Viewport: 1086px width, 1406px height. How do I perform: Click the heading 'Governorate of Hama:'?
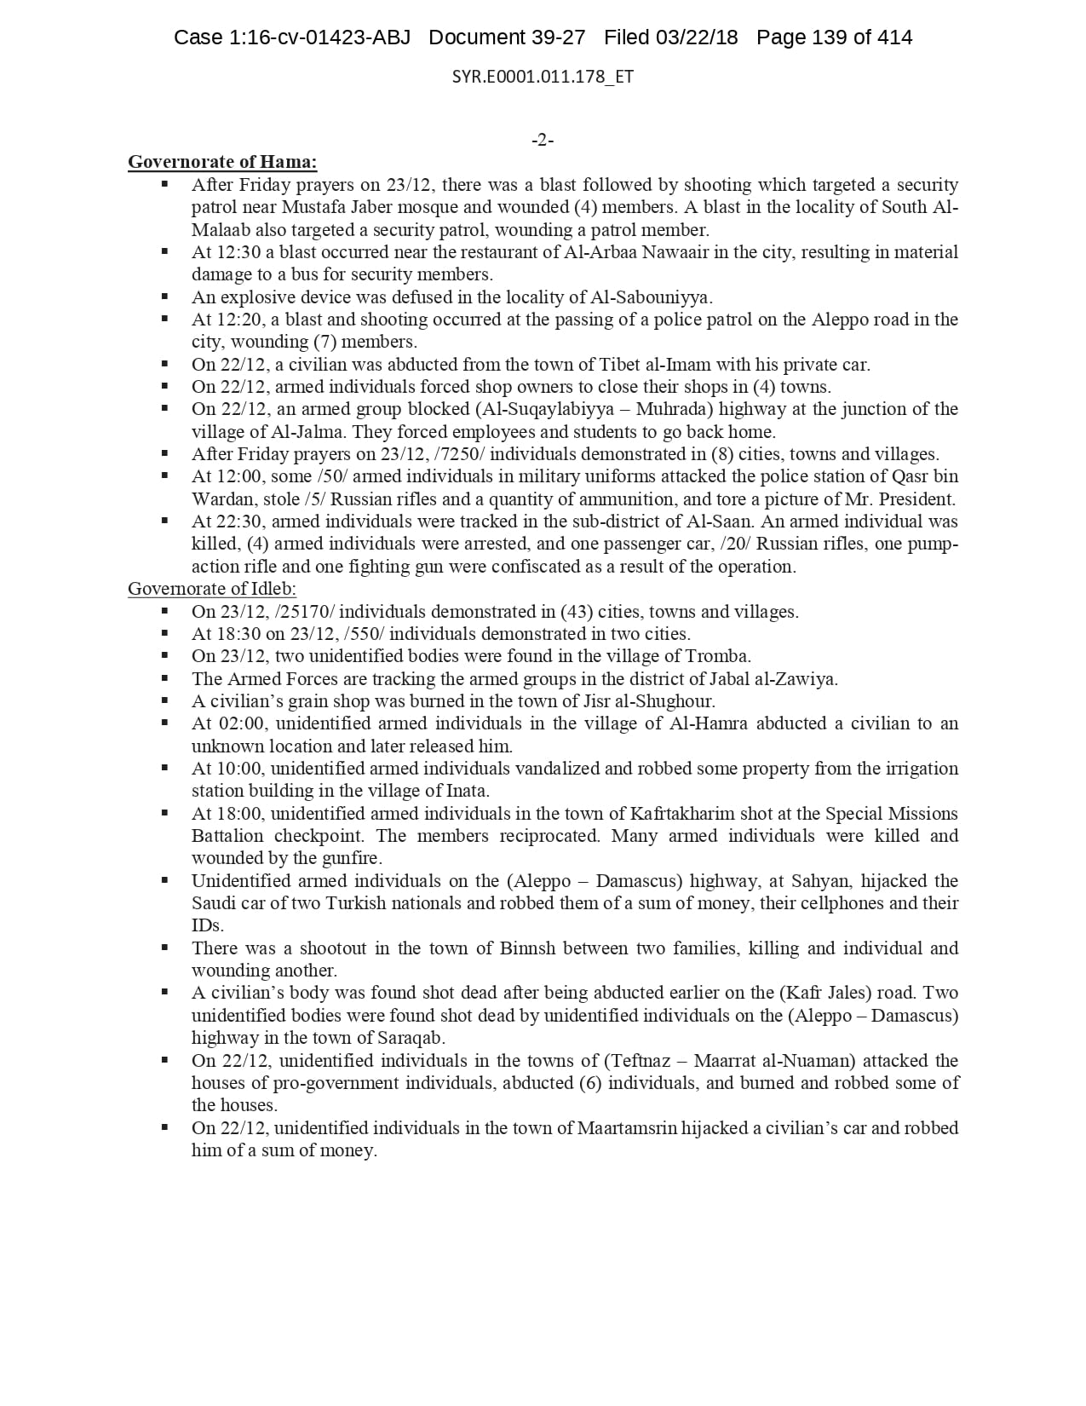(x=222, y=162)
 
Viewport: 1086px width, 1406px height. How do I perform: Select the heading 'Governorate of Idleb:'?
(x=212, y=589)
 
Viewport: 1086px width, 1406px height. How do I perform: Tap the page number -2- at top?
(x=543, y=140)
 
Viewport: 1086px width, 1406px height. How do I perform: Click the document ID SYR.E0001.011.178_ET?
(x=543, y=77)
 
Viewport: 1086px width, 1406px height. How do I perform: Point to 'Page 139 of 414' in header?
(x=834, y=37)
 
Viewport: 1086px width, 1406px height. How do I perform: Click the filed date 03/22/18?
(x=696, y=37)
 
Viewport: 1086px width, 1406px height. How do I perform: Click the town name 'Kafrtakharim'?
(x=683, y=814)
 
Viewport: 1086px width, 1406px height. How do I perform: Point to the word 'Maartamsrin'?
(x=627, y=1128)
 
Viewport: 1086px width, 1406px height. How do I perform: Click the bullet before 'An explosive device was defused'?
(x=164, y=297)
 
